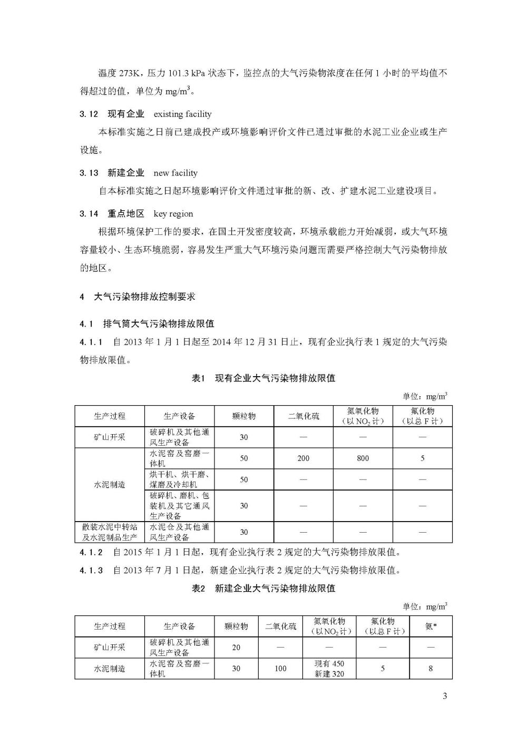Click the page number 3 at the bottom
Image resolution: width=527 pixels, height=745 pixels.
[x=445, y=696]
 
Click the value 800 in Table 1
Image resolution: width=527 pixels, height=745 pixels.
[x=363, y=458]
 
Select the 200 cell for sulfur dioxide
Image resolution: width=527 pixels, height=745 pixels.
[x=303, y=458]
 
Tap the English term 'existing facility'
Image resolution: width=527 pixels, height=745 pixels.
[x=182, y=114]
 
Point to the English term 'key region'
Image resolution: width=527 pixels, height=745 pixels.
[x=173, y=213]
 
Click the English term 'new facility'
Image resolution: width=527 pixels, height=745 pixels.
[x=175, y=173]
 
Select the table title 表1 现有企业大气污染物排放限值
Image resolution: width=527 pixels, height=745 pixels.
[x=263, y=378]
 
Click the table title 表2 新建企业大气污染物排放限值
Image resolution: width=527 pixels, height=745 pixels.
[x=263, y=588]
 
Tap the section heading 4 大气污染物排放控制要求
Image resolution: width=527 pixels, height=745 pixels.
[x=138, y=297]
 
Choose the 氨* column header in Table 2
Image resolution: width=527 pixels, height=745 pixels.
[x=431, y=626]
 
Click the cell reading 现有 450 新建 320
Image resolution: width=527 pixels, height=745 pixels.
[x=329, y=669]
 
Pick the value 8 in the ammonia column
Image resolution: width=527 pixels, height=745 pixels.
[x=431, y=669]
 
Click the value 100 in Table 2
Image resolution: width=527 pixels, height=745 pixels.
[x=280, y=669]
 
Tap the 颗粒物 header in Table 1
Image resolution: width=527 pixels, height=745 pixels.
[x=243, y=416]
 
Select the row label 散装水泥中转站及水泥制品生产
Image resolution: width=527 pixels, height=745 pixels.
[x=110, y=532]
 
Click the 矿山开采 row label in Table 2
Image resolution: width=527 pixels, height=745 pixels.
[x=110, y=647]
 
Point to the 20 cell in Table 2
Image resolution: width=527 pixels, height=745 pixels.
[x=236, y=648]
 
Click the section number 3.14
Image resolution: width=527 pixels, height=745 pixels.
[x=89, y=213]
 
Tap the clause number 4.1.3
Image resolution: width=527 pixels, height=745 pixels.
[x=91, y=570]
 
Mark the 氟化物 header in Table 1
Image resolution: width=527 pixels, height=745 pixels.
[x=422, y=416]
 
